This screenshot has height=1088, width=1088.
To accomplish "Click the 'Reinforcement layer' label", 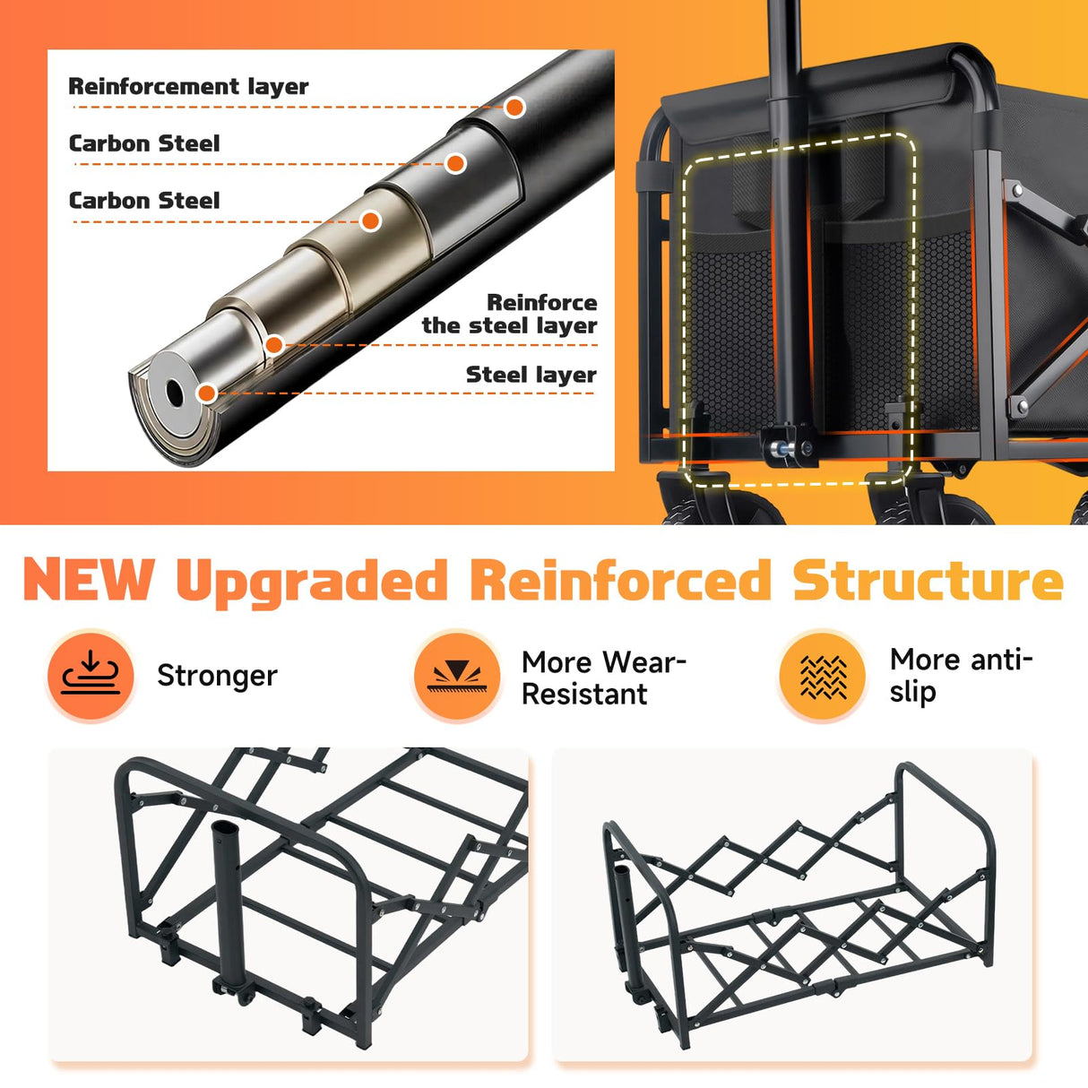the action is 188,86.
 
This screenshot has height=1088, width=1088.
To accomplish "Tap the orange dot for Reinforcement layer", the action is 514,107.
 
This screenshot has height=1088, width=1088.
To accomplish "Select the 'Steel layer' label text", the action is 531,375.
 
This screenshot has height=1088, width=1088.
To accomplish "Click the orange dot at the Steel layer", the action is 208,393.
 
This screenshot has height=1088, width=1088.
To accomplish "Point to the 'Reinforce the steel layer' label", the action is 509,314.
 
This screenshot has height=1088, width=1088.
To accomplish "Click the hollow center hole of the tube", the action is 175,393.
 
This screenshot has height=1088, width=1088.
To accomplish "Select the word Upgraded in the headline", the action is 312,583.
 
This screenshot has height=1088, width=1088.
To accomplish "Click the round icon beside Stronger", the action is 91,676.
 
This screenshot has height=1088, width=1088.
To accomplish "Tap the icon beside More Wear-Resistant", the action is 457,676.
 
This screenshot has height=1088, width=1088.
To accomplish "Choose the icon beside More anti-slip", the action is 823,676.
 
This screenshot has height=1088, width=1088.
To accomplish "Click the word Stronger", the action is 218,676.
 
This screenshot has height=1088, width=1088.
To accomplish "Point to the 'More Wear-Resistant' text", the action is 603,678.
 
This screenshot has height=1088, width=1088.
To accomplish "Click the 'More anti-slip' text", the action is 961,675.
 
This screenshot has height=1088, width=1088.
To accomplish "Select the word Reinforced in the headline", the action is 621,579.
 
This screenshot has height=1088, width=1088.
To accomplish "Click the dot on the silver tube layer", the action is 455,164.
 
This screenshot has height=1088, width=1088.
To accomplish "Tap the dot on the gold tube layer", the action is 370,220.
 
